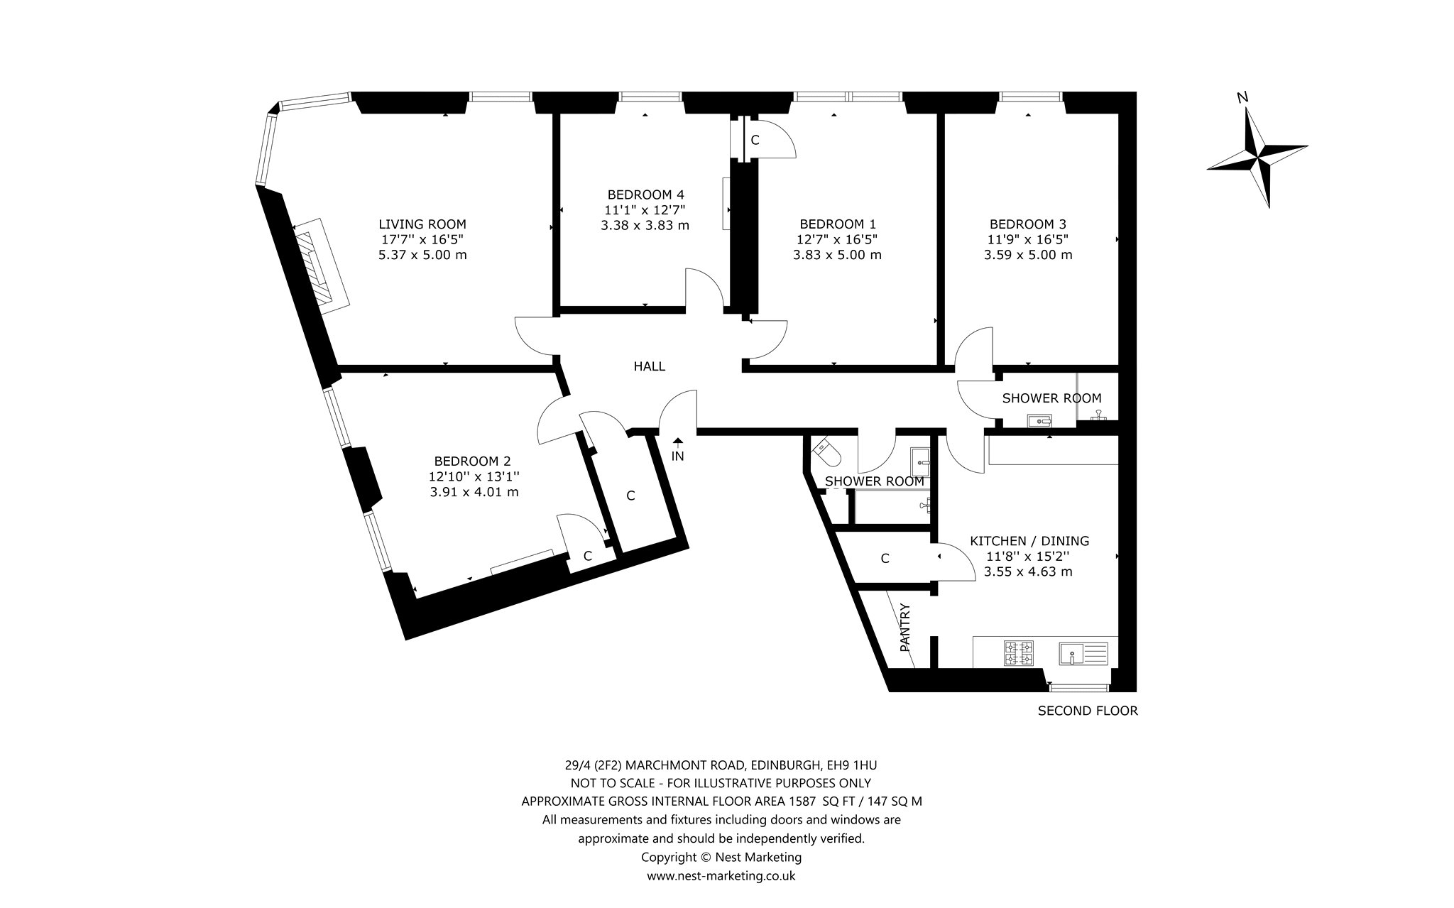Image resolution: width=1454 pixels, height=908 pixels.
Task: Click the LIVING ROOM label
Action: [x=422, y=224]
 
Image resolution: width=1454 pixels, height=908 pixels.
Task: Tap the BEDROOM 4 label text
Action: [x=645, y=195]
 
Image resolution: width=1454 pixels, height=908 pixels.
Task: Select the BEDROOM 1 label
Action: [x=837, y=224]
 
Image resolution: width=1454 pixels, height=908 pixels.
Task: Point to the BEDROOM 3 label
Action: [x=1027, y=224]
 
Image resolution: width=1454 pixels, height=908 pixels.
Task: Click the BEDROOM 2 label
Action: [x=472, y=461]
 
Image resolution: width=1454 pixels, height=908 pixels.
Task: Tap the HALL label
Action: [x=650, y=366]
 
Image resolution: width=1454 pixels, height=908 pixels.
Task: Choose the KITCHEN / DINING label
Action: [x=1029, y=541]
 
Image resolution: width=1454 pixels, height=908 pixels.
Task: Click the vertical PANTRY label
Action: [x=905, y=628]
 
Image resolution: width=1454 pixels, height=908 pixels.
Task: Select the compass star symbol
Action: [x=1257, y=158]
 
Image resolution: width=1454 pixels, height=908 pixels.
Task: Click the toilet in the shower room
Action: [x=826, y=448]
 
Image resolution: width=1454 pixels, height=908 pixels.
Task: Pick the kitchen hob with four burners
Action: [x=1019, y=653]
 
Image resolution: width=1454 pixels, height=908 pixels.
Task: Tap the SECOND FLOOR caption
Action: [x=1088, y=711]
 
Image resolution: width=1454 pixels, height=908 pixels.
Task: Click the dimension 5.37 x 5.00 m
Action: [x=422, y=255]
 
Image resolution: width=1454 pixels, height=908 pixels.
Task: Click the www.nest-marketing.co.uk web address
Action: [x=721, y=876]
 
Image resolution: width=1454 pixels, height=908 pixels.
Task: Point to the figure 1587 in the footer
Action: [x=800, y=802]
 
